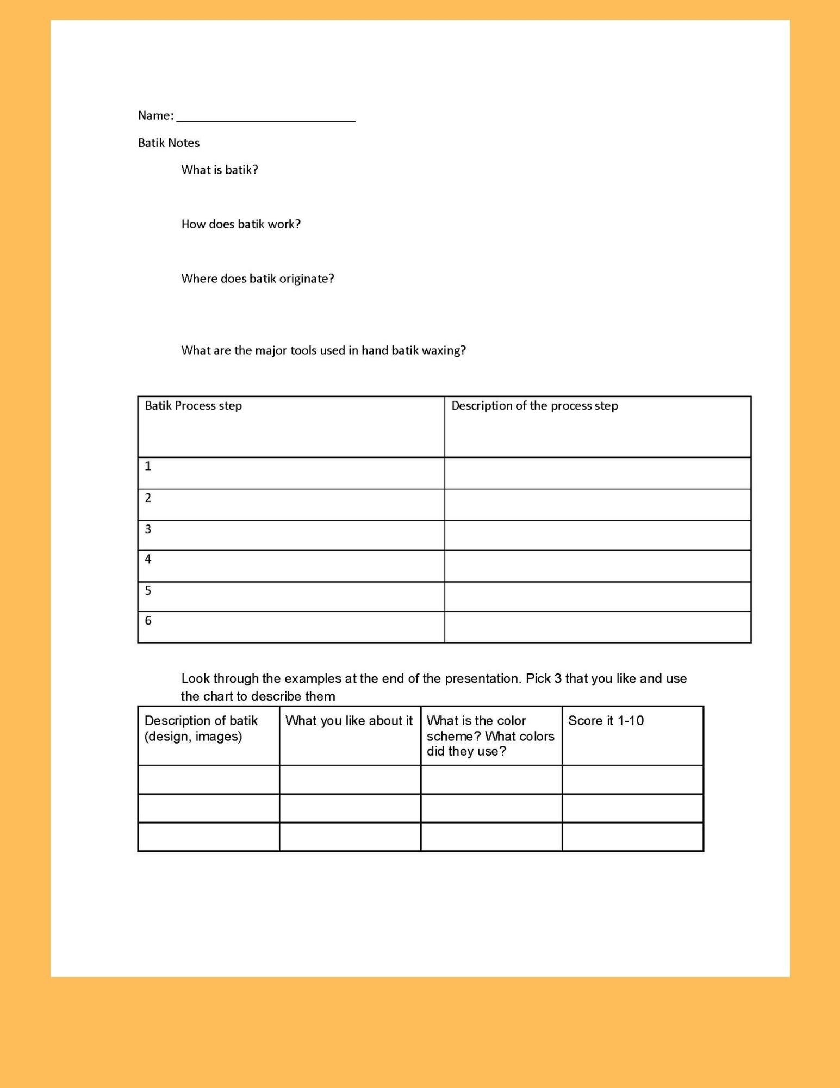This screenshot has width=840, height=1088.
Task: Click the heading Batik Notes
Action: click(169, 143)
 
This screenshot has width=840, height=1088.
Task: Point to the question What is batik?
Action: click(220, 170)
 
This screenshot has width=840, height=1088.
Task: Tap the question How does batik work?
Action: click(241, 224)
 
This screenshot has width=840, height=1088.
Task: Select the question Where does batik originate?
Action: click(258, 279)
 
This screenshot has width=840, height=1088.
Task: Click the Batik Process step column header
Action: click(193, 406)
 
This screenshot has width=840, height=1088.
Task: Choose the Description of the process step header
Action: click(534, 406)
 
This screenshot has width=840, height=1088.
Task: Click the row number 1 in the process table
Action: click(148, 466)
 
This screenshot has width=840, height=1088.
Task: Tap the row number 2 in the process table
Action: click(148, 498)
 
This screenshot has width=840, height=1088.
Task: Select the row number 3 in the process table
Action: click(148, 529)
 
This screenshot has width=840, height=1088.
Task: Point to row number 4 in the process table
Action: click(148, 559)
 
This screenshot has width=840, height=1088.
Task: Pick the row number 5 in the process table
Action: click(148, 590)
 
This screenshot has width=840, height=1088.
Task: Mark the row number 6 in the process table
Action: click(148, 621)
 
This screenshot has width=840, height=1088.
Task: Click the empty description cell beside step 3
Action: click(598, 535)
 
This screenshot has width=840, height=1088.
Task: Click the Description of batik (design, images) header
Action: click(201, 728)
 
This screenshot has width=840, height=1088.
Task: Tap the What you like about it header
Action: click(349, 721)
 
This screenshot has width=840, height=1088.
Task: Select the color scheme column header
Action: click(490, 736)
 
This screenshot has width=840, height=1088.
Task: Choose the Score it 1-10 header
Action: click(606, 721)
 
